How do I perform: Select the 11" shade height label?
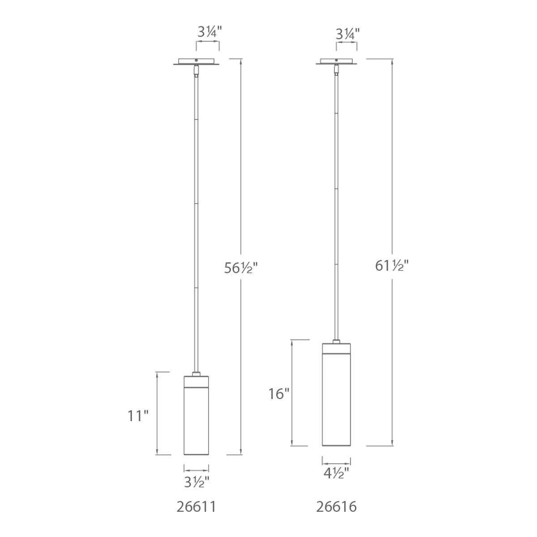click(x=138, y=416)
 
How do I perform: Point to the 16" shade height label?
click(x=279, y=394)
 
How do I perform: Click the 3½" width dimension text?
click(x=196, y=482)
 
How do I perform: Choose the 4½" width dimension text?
click(x=337, y=473)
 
